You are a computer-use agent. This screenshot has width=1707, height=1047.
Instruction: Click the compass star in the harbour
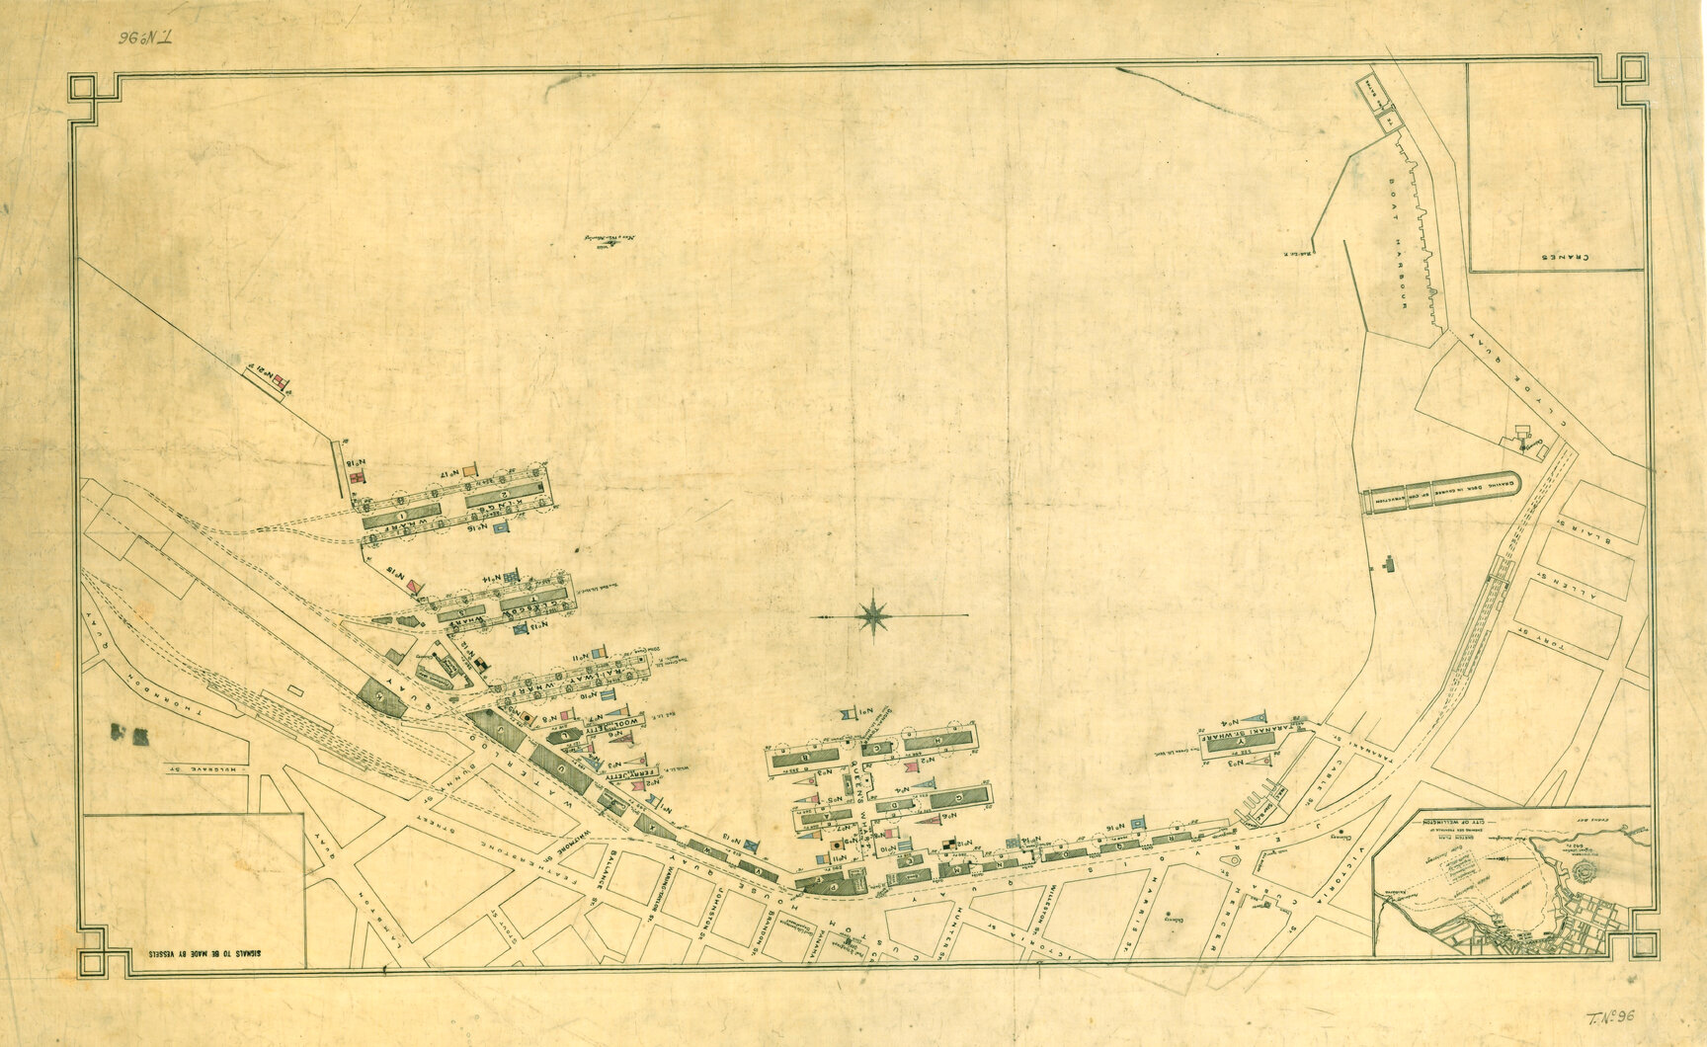pyautogui.click(x=874, y=614)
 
